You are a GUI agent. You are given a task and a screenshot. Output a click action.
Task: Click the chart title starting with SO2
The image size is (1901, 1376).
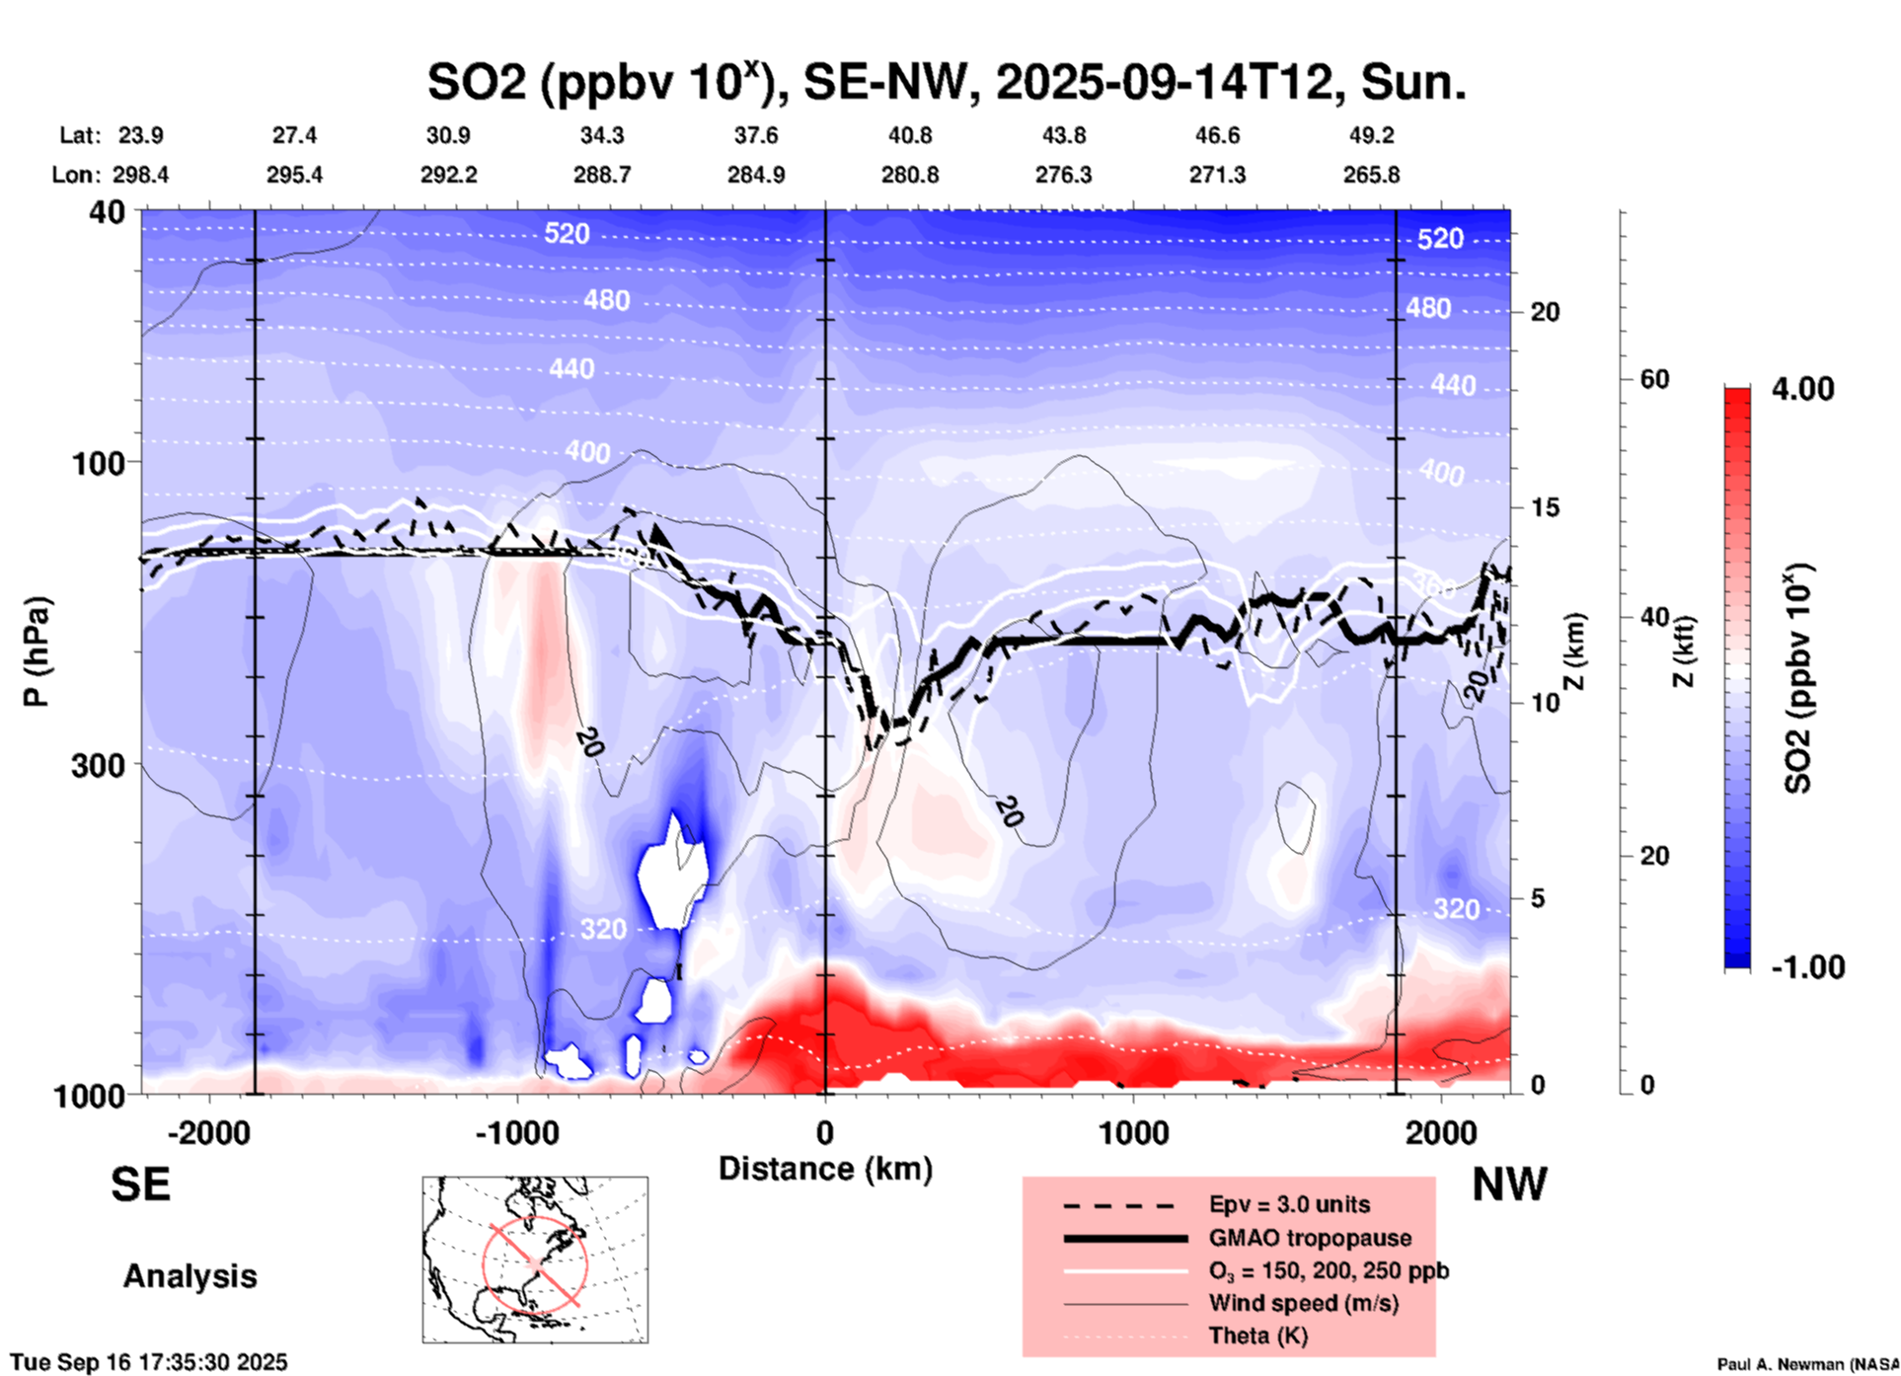tap(946, 82)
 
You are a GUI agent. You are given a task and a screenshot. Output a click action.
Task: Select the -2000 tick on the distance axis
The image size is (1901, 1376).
tap(208, 1132)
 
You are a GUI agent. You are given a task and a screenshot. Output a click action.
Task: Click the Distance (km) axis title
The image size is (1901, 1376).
tap(825, 1169)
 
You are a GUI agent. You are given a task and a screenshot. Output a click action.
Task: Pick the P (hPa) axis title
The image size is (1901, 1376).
tap(37, 651)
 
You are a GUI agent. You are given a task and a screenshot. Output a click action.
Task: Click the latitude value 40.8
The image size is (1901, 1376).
tap(909, 135)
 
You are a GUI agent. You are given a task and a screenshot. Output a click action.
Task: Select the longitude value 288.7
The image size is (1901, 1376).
tap(602, 176)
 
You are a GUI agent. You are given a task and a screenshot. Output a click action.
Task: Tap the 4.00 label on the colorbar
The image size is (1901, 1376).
tap(1802, 389)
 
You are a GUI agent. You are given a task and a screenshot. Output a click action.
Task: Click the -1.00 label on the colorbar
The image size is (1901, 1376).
tap(1807, 967)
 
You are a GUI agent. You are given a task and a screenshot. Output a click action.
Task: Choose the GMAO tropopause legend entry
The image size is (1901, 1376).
tap(1309, 1238)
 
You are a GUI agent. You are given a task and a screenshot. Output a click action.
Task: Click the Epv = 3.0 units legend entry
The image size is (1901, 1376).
tap(1289, 1205)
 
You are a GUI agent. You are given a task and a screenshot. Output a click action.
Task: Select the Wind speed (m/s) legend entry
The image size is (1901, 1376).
tap(1303, 1303)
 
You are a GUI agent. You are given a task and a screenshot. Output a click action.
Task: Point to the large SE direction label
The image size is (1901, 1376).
tap(140, 1185)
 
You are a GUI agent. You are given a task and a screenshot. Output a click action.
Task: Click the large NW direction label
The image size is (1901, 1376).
tap(1509, 1185)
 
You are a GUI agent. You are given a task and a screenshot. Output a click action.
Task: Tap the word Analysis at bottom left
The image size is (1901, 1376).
tap(190, 1276)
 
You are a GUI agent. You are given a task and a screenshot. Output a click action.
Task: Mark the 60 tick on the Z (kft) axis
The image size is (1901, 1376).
tap(1654, 379)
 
